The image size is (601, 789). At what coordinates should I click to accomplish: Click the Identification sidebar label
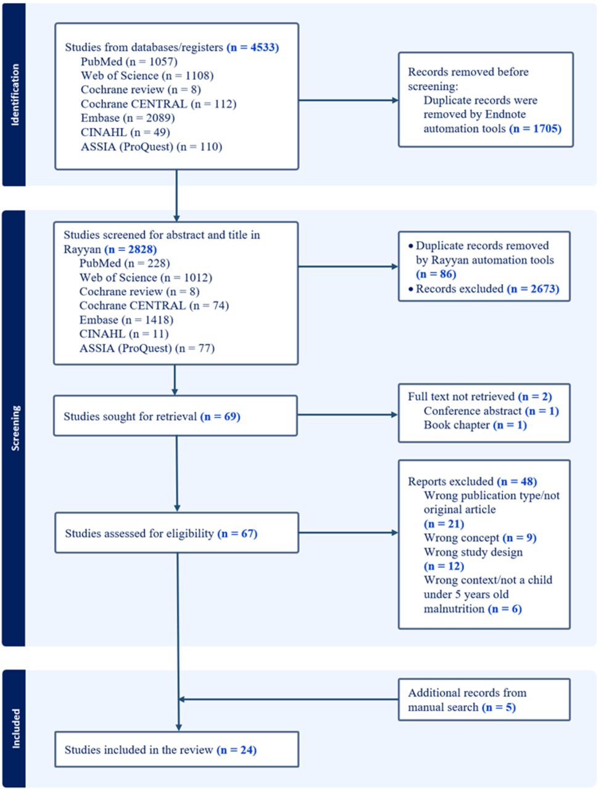click(x=15, y=95)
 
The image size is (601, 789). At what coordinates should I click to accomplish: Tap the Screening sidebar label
click(x=15, y=428)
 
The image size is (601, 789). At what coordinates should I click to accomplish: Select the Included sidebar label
click(x=15, y=728)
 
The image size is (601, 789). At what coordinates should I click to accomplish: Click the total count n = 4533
click(x=252, y=47)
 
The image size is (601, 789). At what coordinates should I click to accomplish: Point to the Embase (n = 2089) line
click(x=128, y=118)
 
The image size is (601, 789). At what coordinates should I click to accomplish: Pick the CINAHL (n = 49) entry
click(x=125, y=133)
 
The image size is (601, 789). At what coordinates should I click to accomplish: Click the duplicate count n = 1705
click(x=535, y=128)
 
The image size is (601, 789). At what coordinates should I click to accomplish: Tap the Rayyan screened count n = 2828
click(x=131, y=249)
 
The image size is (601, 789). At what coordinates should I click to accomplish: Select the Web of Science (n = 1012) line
click(x=146, y=277)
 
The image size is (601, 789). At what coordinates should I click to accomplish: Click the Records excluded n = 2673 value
click(x=533, y=288)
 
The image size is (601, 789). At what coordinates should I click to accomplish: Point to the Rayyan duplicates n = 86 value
click(x=436, y=274)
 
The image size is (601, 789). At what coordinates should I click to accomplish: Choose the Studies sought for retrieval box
click(x=175, y=416)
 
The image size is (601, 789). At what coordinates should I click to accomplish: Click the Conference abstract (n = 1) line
click(x=491, y=411)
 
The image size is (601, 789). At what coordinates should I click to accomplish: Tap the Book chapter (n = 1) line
click(x=475, y=425)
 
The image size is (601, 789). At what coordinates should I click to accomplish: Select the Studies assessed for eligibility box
click(x=176, y=533)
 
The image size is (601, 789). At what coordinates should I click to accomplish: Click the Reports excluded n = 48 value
click(x=517, y=481)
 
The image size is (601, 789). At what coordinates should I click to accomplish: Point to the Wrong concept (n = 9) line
click(x=480, y=538)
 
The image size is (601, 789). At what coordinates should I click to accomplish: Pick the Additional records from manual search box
click(x=484, y=700)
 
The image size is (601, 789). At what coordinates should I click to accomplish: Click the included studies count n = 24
click(x=236, y=750)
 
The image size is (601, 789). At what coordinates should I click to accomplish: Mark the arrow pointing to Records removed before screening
click(x=348, y=100)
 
